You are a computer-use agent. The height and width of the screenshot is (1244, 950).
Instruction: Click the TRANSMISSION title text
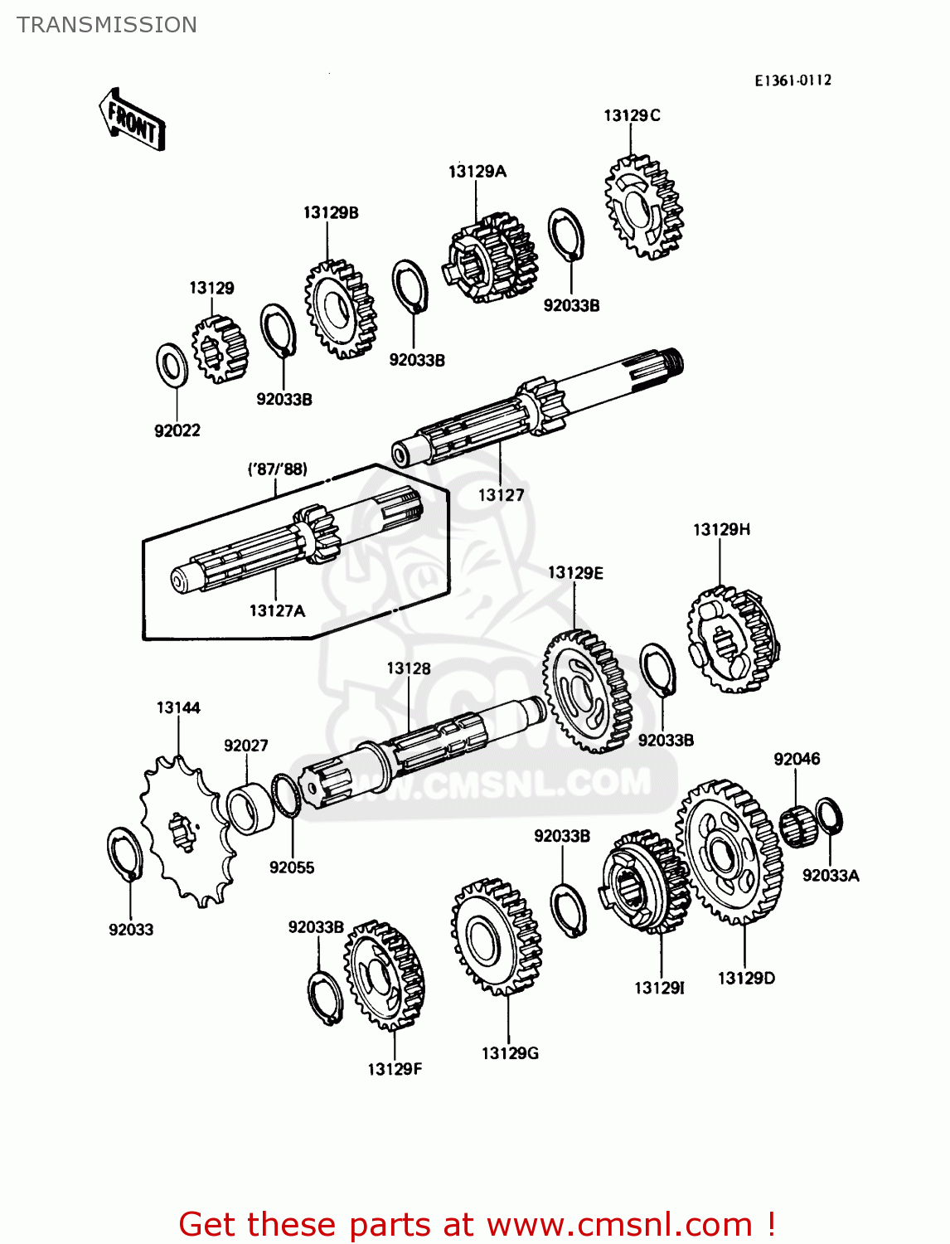pos(107,25)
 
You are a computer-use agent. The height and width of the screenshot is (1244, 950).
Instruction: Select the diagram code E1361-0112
pos(792,80)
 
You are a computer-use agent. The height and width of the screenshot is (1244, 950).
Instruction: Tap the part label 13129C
pos(632,115)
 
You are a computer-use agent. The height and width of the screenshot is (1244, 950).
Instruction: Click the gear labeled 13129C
pos(643,207)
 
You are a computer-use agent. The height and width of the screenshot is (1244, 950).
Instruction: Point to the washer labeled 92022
pos(172,364)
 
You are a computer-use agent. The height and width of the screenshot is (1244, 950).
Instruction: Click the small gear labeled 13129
pos(219,349)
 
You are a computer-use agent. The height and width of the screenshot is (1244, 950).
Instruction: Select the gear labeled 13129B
pos(340,309)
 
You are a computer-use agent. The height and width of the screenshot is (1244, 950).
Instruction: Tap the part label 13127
pos(501,495)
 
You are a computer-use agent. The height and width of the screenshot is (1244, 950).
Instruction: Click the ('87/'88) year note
pos(278,469)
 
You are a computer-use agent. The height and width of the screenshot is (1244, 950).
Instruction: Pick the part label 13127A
pos(277,611)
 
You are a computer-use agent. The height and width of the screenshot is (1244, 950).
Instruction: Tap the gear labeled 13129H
pos(733,639)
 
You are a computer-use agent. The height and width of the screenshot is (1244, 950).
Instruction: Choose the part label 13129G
pos(510,1053)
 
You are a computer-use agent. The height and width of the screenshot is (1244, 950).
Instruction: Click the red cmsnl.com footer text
pos(477,1224)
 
